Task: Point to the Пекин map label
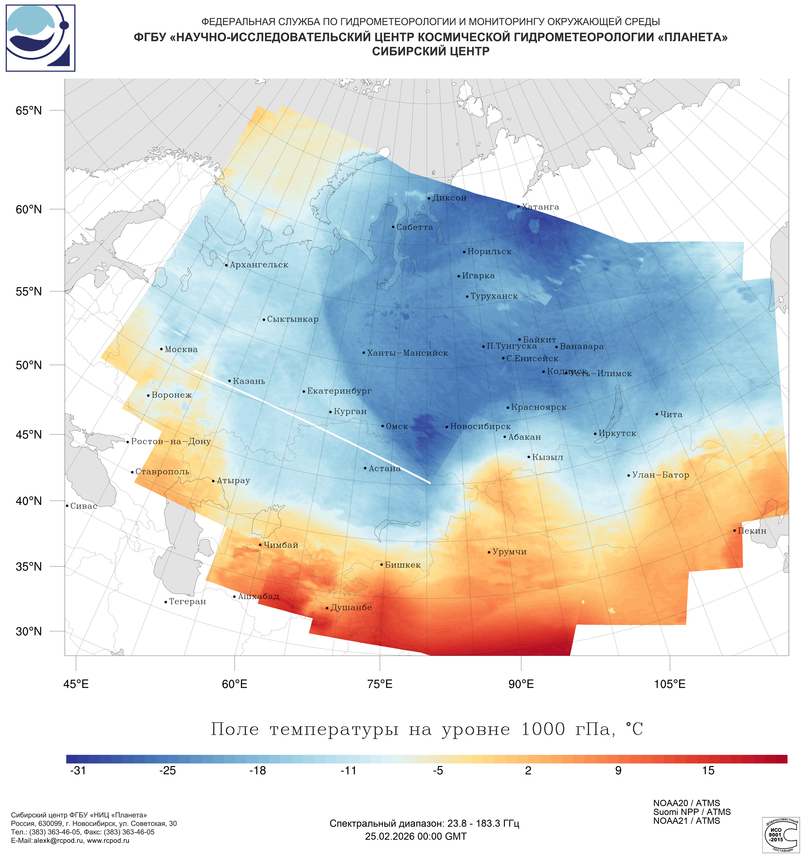click(x=752, y=531)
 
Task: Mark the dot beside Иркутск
click(x=595, y=434)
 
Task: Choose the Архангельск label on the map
click(x=259, y=265)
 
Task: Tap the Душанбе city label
click(x=351, y=607)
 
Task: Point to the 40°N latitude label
click(x=29, y=501)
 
